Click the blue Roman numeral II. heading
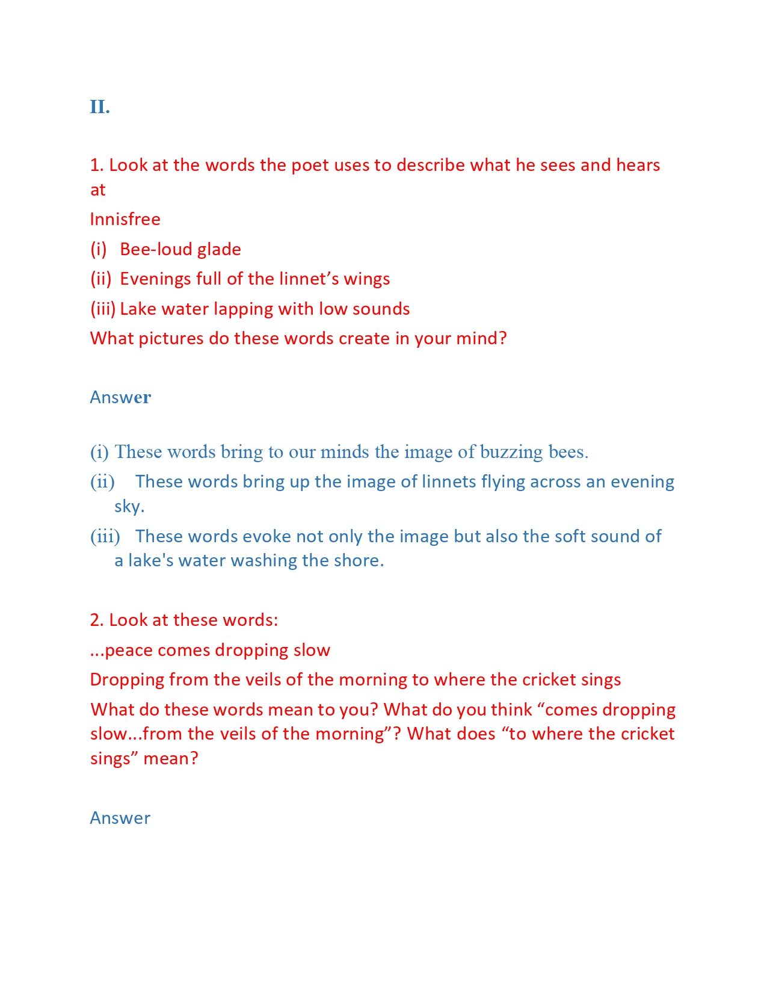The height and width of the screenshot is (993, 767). (x=100, y=107)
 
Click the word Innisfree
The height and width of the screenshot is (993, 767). (x=125, y=219)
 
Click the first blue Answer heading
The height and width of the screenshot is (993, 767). (x=120, y=397)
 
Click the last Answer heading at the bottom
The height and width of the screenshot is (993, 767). (x=120, y=818)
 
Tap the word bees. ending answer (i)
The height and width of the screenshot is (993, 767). (x=568, y=452)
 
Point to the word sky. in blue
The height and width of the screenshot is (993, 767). (x=129, y=506)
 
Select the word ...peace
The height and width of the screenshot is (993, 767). (x=122, y=650)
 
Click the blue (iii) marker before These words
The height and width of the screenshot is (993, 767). (x=105, y=536)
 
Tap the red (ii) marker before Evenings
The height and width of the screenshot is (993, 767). (x=101, y=279)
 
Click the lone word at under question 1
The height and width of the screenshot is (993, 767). (x=97, y=190)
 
